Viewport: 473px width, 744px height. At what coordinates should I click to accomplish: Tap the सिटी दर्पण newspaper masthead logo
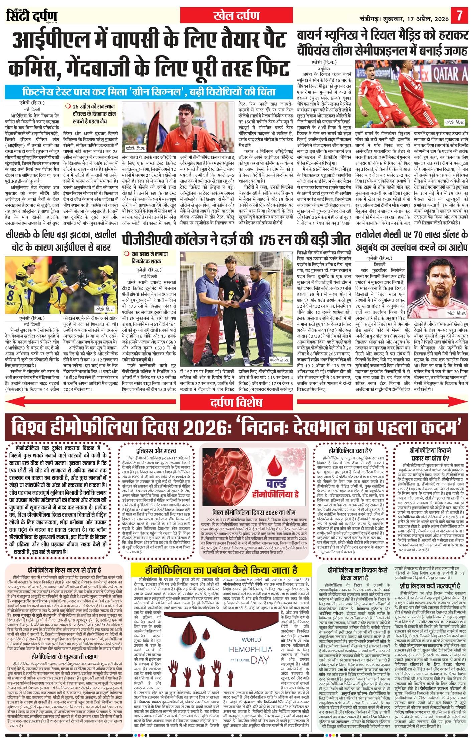pos(32,16)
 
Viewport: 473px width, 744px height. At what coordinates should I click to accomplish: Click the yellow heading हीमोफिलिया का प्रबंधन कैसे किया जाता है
pos(221,569)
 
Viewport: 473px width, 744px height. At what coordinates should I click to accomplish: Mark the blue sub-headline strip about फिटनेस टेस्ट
pos(148,92)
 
